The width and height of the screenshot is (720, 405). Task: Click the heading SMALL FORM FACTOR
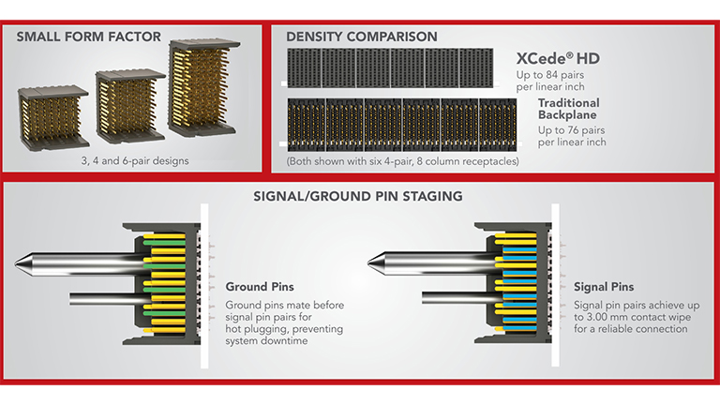point(75,37)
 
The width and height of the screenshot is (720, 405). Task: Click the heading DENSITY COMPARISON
point(361,37)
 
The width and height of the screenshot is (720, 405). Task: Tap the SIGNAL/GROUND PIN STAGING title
point(360,197)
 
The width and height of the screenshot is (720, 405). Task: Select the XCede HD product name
point(558,59)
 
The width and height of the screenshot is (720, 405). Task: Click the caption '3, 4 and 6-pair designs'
point(135,160)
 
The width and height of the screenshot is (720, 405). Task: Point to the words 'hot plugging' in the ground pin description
point(257,330)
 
